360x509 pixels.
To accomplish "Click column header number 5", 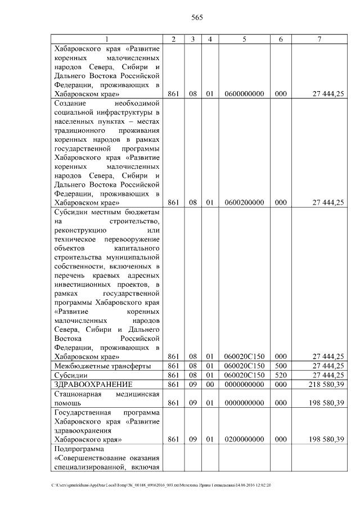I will [244, 39].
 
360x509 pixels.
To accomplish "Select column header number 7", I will [319, 39].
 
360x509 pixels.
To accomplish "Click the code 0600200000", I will [244, 202].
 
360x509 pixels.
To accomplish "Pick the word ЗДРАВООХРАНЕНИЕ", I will [92, 385].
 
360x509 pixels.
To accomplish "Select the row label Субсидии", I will [70, 375].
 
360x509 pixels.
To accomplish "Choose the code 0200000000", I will [244, 439].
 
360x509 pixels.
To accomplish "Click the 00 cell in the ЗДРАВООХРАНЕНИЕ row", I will [209, 385].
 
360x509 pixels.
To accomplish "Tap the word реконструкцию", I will [80, 231].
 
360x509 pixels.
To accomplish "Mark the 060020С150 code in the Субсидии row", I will [244, 375].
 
